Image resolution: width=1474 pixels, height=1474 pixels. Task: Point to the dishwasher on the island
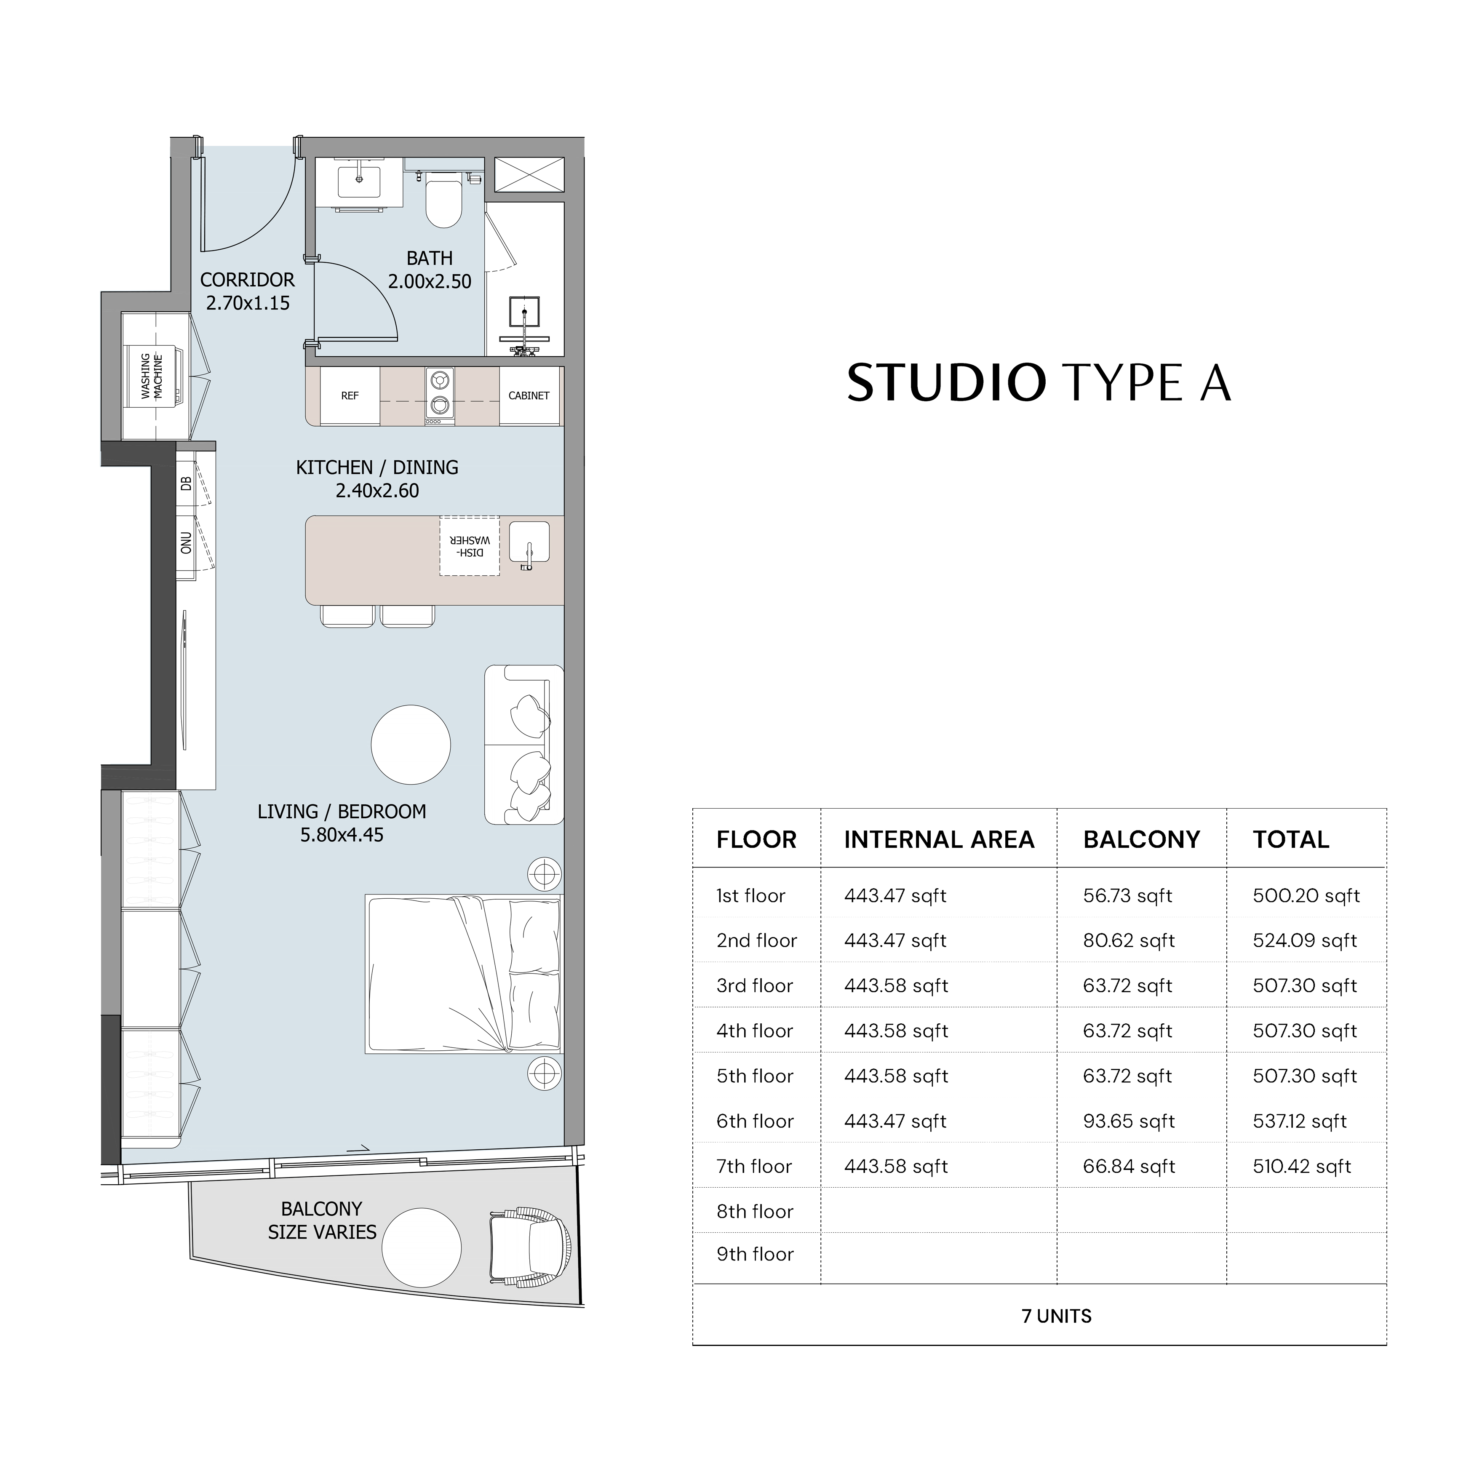point(469,545)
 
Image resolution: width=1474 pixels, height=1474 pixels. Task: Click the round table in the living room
point(411,745)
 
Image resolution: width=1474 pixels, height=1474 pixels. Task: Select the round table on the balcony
point(421,1248)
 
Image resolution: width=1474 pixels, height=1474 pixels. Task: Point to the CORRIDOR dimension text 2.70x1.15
point(248,303)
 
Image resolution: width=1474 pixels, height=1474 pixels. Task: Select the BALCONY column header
point(1141,840)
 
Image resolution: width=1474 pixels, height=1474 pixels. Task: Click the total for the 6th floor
point(1299,1122)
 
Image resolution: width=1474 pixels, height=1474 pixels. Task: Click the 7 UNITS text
point(1057,1316)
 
